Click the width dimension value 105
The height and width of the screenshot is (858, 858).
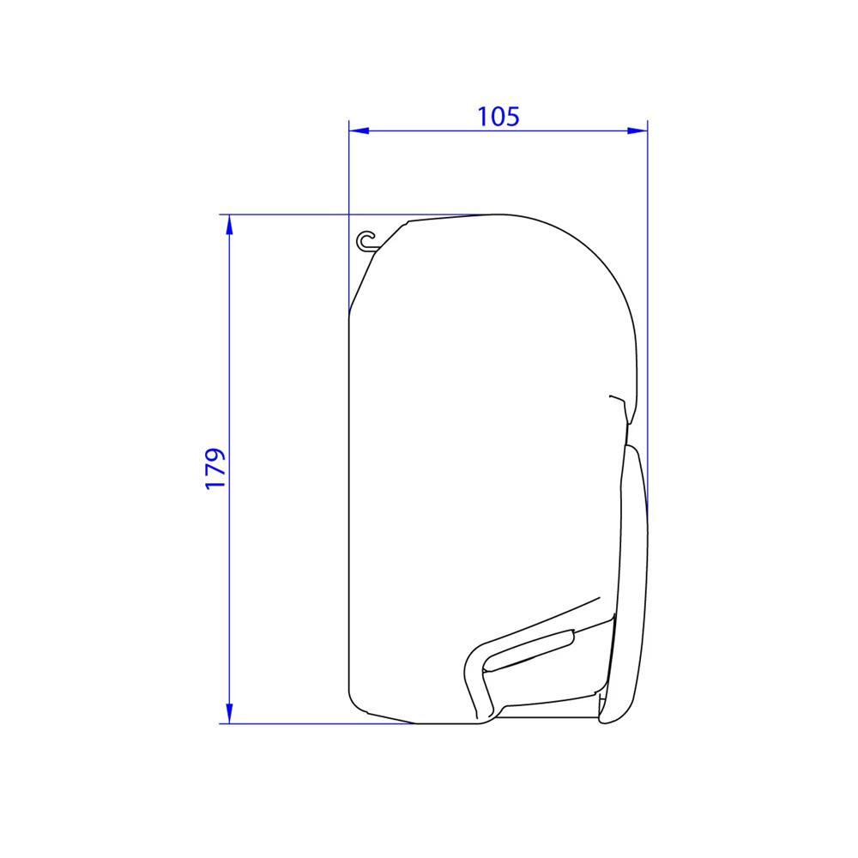(498, 116)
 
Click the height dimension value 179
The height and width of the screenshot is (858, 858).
(214, 468)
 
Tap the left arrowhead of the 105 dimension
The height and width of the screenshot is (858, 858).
(358, 130)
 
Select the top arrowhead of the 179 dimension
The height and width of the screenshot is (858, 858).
(229, 224)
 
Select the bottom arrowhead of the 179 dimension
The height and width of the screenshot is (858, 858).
(229, 713)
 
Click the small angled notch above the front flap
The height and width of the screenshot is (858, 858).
(615, 398)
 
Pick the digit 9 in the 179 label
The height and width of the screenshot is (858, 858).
(214, 454)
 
